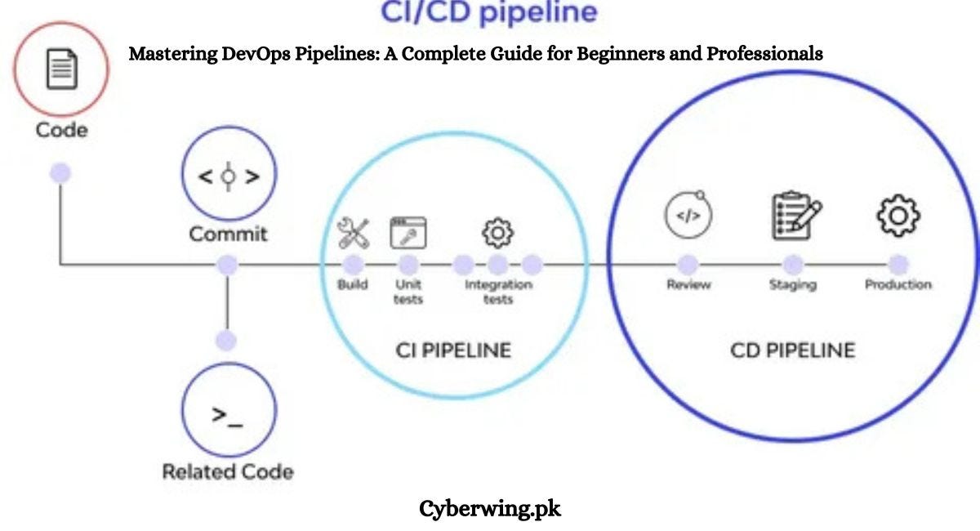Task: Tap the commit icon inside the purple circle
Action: [x=228, y=176]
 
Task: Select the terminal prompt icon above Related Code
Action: [x=228, y=415]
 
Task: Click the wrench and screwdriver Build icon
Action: [x=354, y=234]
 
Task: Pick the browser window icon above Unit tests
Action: [x=408, y=233]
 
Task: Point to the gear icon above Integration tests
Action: [x=497, y=234]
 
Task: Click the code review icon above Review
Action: [x=688, y=216]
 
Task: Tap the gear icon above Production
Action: [x=898, y=216]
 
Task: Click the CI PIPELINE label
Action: [x=452, y=350]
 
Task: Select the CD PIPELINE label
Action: [x=792, y=350]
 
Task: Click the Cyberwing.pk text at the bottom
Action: [x=490, y=509]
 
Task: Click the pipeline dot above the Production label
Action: [x=898, y=264]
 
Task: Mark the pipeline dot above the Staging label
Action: [x=792, y=264]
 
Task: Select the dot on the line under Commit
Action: [x=228, y=265]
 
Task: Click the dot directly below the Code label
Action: [x=60, y=173]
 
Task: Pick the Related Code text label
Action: [x=228, y=471]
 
